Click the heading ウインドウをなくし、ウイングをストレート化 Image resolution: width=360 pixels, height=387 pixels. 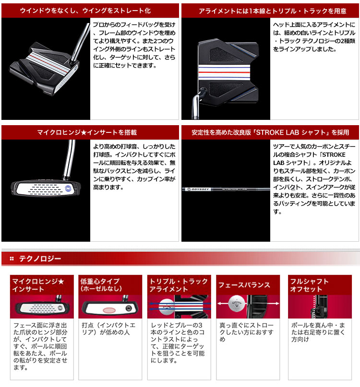[x=85, y=11]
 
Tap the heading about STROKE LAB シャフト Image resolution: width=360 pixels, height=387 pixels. [x=270, y=132]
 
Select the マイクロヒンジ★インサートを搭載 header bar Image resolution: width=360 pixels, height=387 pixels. [x=90, y=132]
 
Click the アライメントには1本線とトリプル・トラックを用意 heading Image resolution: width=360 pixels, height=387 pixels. [x=273, y=11]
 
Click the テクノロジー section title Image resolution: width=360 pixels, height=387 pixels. [x=40, y=258]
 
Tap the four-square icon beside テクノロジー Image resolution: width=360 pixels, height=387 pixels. [x=12, y=258]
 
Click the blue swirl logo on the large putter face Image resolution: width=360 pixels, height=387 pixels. [x=68, y=188]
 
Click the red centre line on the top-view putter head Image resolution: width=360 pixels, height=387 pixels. [x=224, y=72]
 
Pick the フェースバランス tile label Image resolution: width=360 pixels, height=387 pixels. [x=244, y=285]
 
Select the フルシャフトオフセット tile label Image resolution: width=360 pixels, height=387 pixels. [x=309, y=285]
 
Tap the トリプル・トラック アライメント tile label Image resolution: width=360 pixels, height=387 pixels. [x=179, y=285]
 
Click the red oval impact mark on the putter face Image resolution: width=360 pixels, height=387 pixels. [x=108, y=310]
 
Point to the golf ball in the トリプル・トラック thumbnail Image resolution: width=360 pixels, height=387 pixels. [x=167, y=306]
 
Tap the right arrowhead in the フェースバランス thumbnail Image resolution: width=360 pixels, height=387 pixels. [x=277, y=304]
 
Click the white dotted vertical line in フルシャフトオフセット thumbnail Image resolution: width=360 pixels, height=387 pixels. [x=314, y=306]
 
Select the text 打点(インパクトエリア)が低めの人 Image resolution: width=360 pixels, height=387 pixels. [x=108, y=329]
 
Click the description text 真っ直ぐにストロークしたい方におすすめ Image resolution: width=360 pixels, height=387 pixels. [x=246, y=332]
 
